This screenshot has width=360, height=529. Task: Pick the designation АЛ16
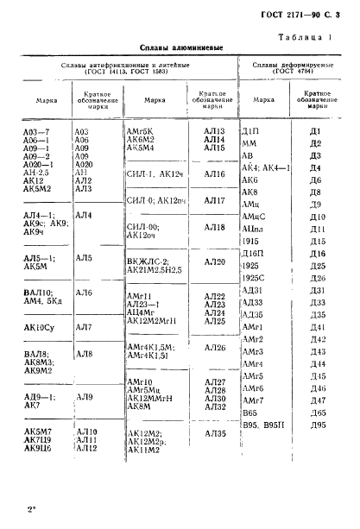point(214,174)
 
